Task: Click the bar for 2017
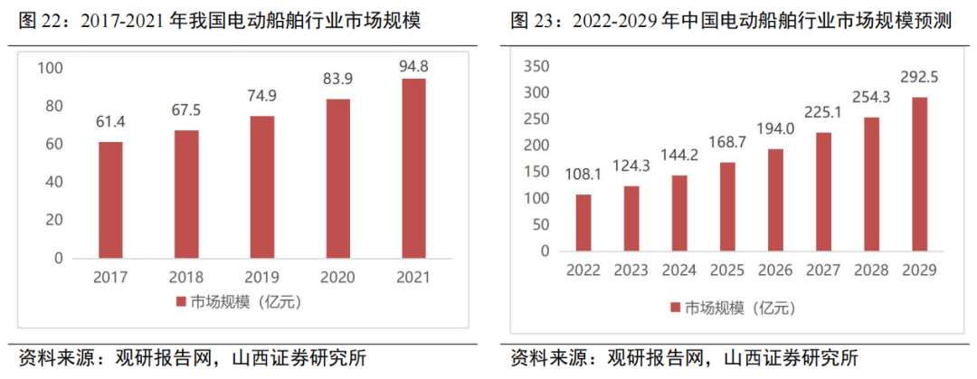110,199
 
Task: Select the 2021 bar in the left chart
413,167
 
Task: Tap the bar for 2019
262,186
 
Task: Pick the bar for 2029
919,174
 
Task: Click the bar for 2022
583,223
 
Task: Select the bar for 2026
775,200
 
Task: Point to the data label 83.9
337,80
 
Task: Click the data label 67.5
186,111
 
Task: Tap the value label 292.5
919,78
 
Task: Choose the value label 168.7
727,143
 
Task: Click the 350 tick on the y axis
537,67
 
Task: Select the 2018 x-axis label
186,276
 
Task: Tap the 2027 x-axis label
823,270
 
